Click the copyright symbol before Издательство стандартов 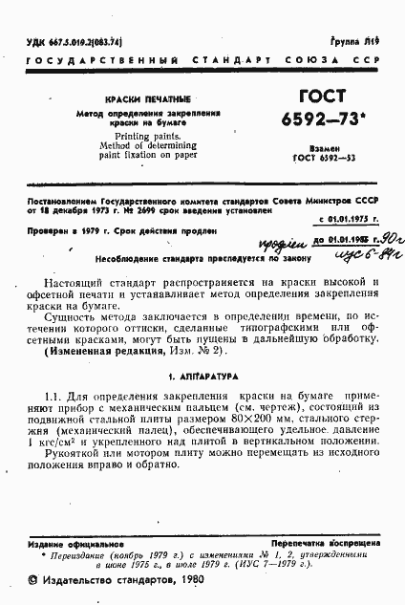pos(33,582)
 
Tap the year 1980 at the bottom pos(187,582)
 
